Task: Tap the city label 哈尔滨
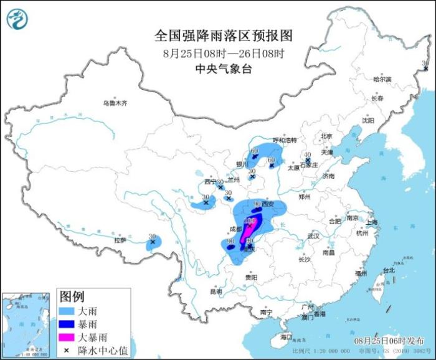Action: coord(382,80)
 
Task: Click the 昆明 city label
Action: coord(216,291)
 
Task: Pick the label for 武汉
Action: coord(313,236)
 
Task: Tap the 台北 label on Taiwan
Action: coord(388,270)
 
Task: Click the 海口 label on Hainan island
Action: coord(286,336)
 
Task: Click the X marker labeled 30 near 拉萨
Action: coord(153,242)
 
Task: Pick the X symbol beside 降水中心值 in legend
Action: coord(65,351)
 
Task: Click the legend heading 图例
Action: coord(72,295)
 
